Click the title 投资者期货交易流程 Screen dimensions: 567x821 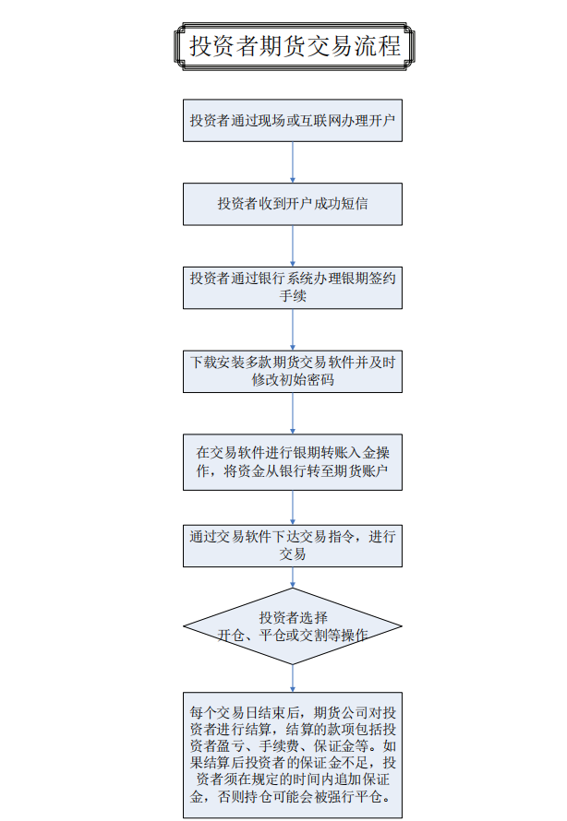pyautogui.click(x=295, y=46)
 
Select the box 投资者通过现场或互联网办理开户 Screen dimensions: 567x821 pyautogui.click(x=293, y=121)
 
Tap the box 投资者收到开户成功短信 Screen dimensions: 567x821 pyautogui.click(x=293, y=204)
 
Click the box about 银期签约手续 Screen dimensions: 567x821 pyautogui.click(x=293, y=288)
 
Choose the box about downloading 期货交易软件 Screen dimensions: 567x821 pyautogui.click(x=293, y=371)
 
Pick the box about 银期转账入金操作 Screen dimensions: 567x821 pyautogui.click(x=293, y=462)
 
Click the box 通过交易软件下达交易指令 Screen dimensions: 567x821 pyautogui.click(x=293, y=545)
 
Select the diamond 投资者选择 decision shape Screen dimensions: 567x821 pyautogui.click(x=293, y=626)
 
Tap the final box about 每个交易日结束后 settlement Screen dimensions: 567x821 pyautogui.click(x=293, y=755)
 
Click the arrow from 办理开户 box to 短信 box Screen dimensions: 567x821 pyautogui.click(x=293, y=162)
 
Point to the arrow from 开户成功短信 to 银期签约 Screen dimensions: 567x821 pyautogui.click(x=293, y=246)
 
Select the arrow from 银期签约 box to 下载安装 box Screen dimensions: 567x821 pyautogui.click(x=293, y=330)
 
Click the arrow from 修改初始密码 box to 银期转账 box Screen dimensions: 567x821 pyautogui.click(x=293, y=413)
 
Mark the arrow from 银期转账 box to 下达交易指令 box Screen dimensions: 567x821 pyautogui.click(x=293, y=508)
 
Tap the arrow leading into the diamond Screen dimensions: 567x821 pyautogui.click(x=293, y=577)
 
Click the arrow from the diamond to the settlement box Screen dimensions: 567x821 pyautogui.click(x=293, y=679)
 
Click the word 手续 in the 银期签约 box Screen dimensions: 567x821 pyautogui.click(x=293, y=296)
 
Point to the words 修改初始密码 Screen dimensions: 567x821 pyautogui.click(x=293, y=380)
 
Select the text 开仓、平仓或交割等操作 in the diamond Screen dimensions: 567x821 pyautogui.click(x=293, y=636)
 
